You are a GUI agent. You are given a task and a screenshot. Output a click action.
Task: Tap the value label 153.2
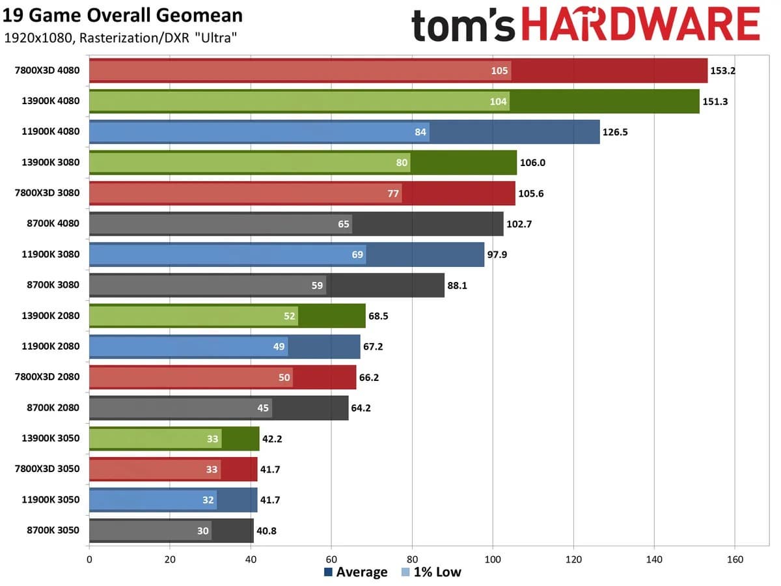722,70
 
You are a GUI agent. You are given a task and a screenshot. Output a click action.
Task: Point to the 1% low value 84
420,132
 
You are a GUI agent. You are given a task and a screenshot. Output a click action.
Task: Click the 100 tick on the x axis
493,559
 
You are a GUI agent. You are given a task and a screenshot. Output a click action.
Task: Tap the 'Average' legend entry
355,572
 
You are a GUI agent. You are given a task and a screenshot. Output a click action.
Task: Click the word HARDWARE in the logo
641,26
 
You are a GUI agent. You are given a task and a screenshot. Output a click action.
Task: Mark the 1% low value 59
317,285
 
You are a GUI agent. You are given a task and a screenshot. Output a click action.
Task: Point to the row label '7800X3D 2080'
47,376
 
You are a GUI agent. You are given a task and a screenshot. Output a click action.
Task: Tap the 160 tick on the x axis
735,559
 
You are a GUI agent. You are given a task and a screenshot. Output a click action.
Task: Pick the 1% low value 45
263,408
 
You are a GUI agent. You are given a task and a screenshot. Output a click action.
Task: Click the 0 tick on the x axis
89,559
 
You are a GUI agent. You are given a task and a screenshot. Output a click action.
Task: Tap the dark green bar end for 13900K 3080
463,163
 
